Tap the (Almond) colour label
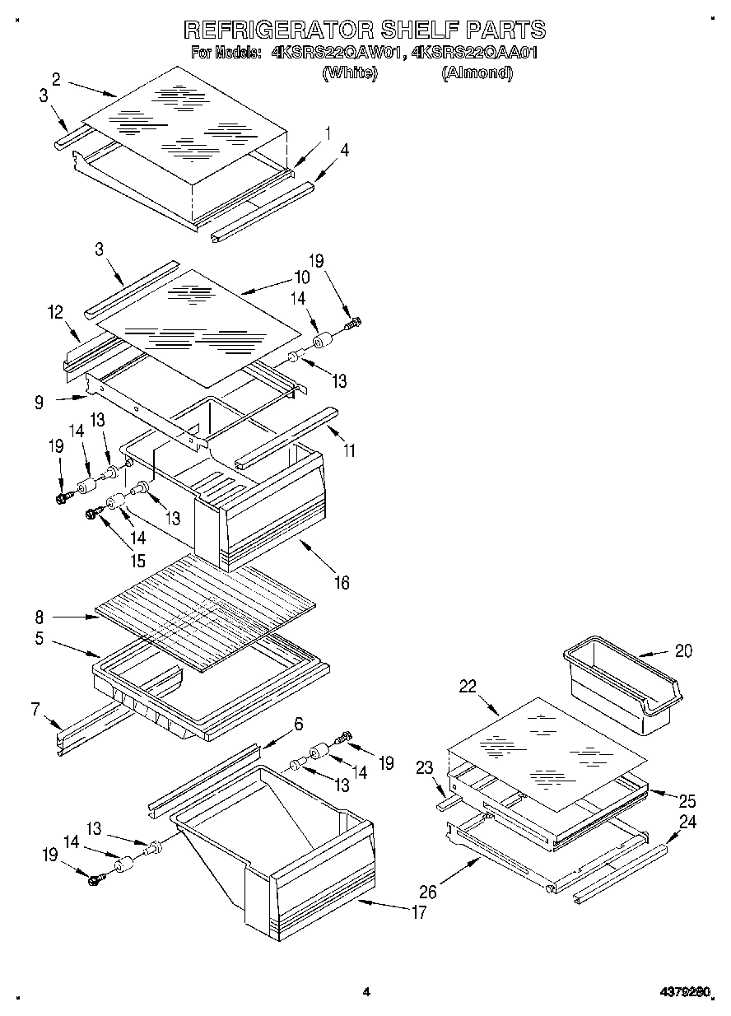coord(477,73)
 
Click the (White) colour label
coord(350,73)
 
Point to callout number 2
coord(56,79)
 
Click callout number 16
coord(341,582)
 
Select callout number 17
coord(419,911)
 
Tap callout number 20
coord(683,650)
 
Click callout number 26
coord(428,891)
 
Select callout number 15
coord(137,561)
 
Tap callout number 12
coord(55,312)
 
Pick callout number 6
coord(298,724)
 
